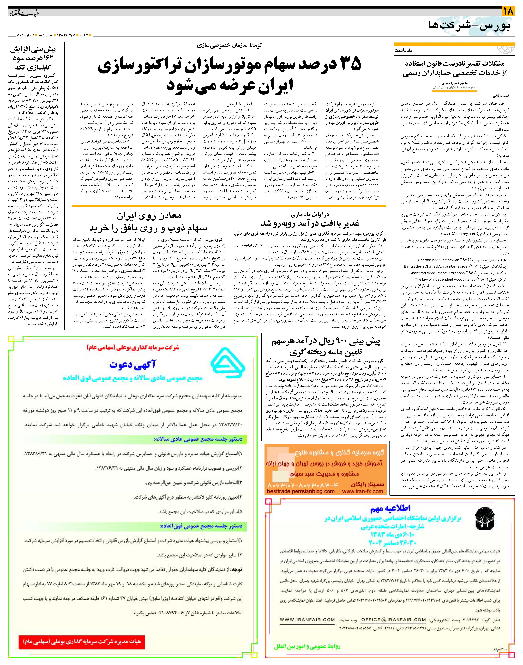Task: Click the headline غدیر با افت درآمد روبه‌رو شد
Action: pyautogui.click(x=310, y=223)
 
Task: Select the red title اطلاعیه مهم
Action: pyautogui.click(x=390, y=508)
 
